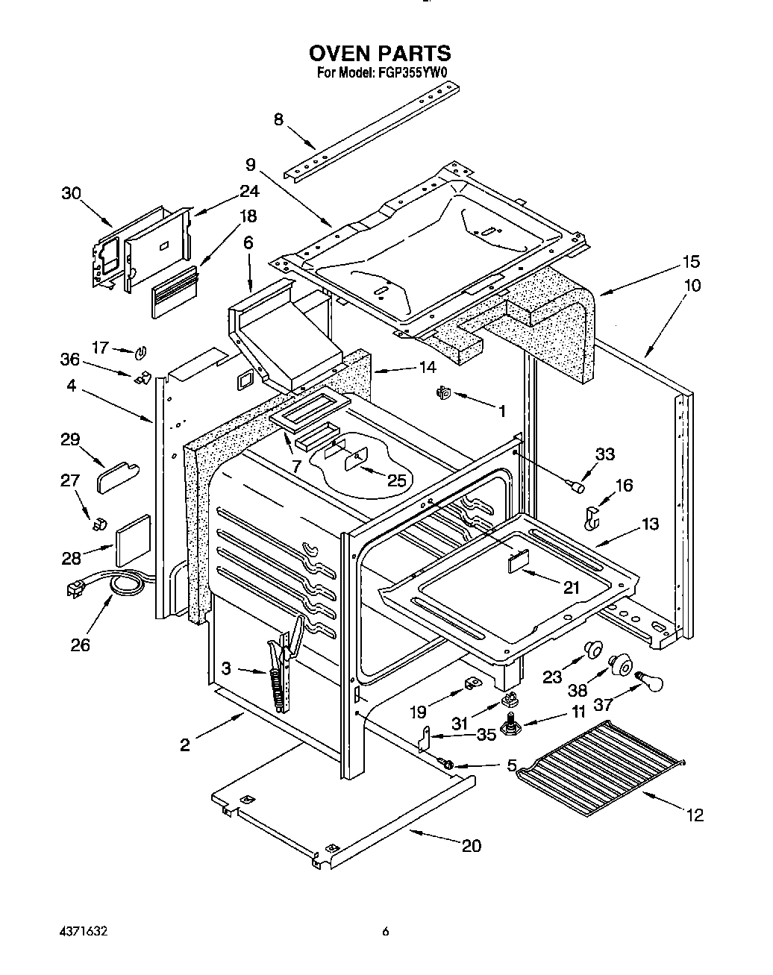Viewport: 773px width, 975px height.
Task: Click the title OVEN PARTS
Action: coord(380,54)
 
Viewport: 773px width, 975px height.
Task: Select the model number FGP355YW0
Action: coord(412,73)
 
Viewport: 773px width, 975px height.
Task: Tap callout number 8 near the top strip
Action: coord(278,119)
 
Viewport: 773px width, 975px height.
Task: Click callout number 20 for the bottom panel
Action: coord(471,845)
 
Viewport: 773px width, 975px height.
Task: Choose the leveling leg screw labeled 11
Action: coord(513,724)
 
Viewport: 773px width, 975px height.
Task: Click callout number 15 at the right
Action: coord(691,262)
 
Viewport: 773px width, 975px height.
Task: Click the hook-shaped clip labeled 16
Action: coord(591,517)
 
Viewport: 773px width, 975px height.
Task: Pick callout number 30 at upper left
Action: coord(71,192)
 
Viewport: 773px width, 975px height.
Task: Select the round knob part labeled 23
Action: coord(593,648)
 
